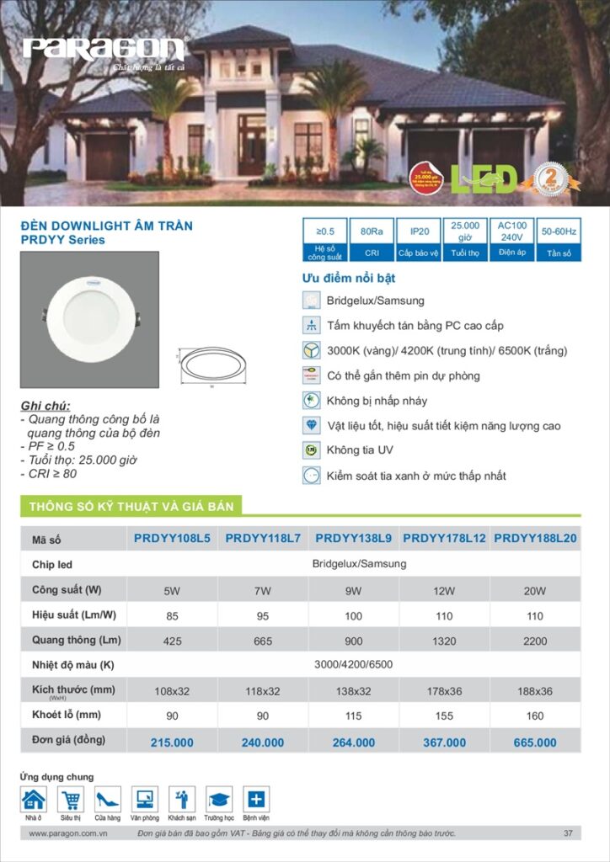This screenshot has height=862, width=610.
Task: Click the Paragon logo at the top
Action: pyautogui.click(x=104, y=49)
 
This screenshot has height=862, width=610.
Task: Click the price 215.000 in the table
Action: pyautogui.click(x=172, y=742)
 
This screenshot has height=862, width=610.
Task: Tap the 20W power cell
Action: pyautogui.click(x=535, y=591)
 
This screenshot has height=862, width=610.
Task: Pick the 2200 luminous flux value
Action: pyautogui.click(x=535, y=641)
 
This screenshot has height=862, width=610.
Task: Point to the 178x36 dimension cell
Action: pyautogui.click(x=444, y=692)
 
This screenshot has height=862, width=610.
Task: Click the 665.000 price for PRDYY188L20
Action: pyautogui.click(x=535, y=742)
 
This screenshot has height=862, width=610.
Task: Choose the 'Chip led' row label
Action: pyautogui.click(x=52, y=565)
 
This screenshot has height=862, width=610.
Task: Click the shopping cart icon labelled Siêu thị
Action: pyautogui.click(x=71, y=799)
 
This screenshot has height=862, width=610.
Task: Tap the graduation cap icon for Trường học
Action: pyautogui.click(x=219, y=799)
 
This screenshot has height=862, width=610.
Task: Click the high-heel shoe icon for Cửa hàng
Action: pyautogui.click(x=108, y=799)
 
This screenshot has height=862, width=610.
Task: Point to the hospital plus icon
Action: pyautogui.click(x=256, y=799)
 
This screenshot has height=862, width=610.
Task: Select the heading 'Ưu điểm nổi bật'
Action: pyautogui.click(x=349, y=279)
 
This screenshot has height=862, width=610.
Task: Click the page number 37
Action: pyautogui.click(x=569, y=833)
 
